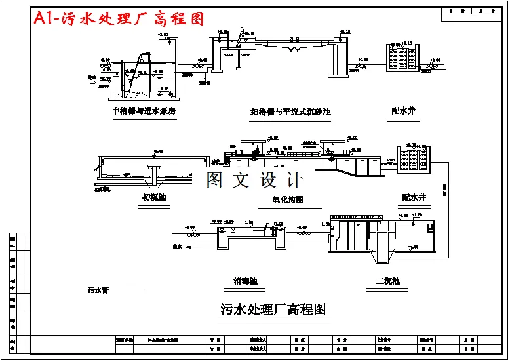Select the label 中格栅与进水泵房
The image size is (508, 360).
pos(144,111)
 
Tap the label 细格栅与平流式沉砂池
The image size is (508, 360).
pos(290,111)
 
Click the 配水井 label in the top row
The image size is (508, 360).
pos(402,111)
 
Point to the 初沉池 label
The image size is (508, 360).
pos(154,197)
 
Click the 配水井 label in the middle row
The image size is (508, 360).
pos(414,196)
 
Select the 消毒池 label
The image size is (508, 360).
pos(245,281)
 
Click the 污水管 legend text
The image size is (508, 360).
pos(98,289)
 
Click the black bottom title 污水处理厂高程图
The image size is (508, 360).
pos(273,309)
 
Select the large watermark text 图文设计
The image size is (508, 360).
pos(255,179)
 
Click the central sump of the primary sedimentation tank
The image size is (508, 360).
pos(153,174)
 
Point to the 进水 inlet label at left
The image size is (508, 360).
pos(92,77)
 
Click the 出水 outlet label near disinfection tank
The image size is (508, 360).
pos(176,247)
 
